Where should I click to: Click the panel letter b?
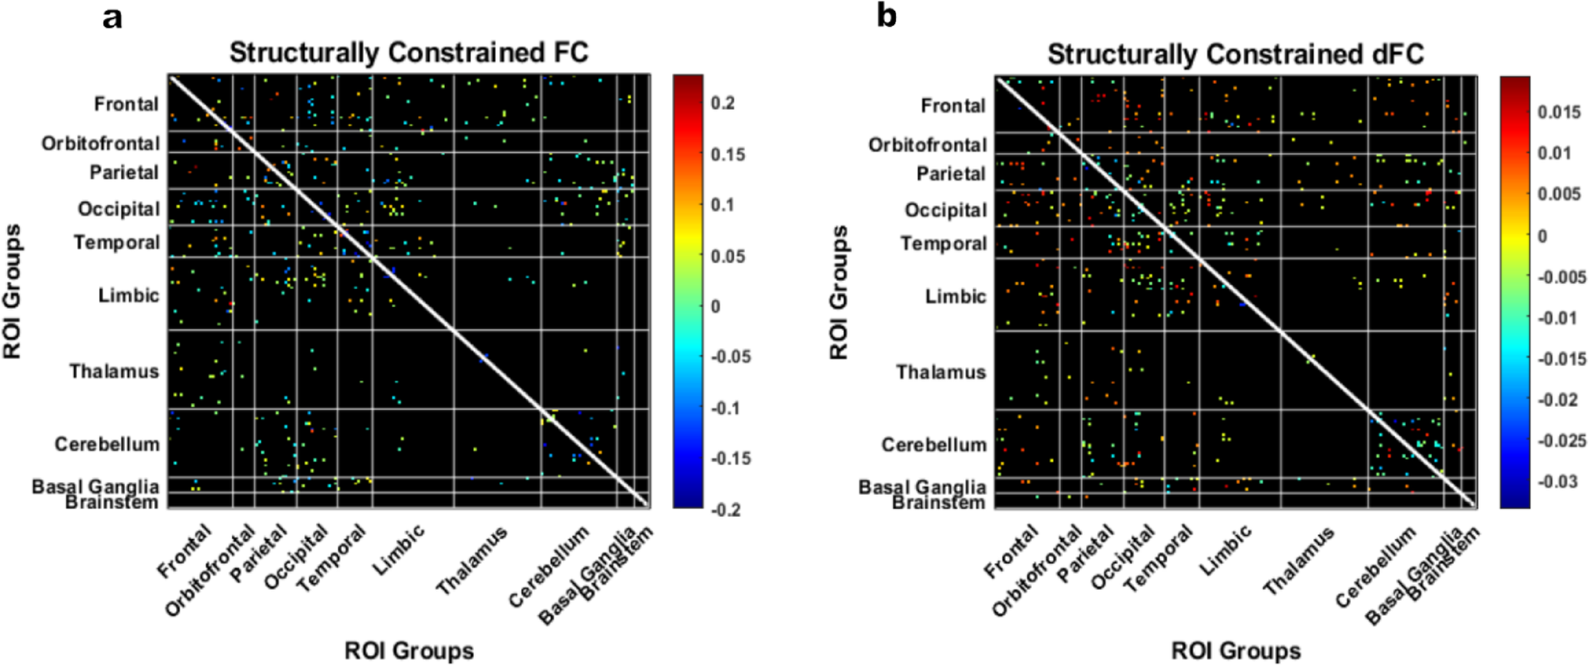[887, 16]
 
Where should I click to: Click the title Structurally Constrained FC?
[409, 52]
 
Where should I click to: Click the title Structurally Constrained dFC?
[1235, 54]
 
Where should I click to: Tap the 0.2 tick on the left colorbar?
[722, 103]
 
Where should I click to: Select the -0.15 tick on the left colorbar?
[730, 458]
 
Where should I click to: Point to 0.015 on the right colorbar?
[1559, 112]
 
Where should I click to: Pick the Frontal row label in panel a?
[126, 104]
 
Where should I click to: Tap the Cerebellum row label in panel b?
[933, 445]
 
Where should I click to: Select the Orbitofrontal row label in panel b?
[927, 145]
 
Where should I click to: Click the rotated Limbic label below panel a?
[399, 549]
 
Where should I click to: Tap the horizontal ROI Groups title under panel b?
[1235, 651]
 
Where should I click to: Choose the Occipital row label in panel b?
[945, 210]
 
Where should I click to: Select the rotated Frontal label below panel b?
[1010, 553]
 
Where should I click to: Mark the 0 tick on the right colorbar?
[1542, 236]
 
